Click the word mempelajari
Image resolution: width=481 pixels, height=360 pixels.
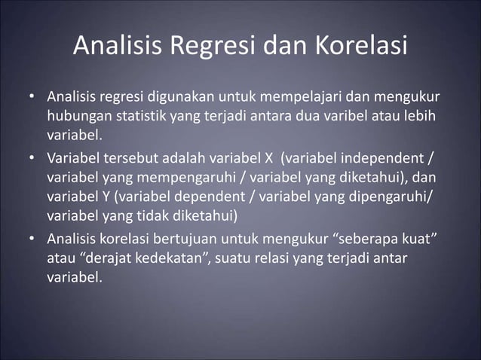[294, 99]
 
